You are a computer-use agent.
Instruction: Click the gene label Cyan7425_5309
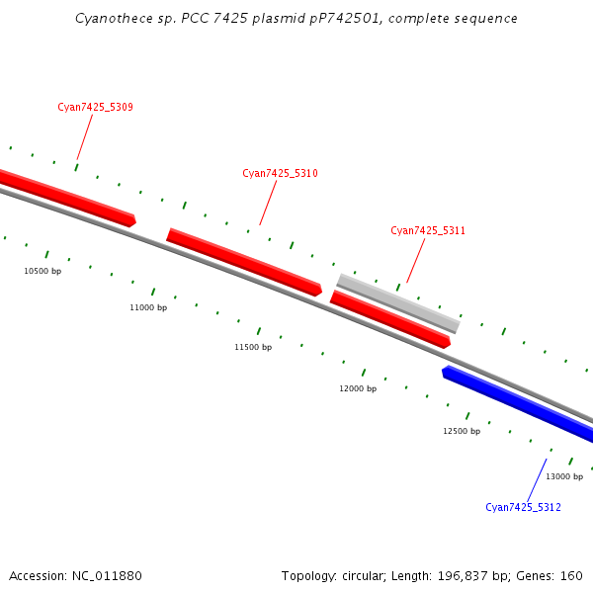click(x=95, y=107)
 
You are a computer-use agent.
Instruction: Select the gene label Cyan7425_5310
click(x=280, y=173)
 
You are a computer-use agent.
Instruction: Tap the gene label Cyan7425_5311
click(x=428, y=230)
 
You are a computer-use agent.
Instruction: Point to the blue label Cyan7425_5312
click(x=523, y=507)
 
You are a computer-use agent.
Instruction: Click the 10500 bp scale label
click(x=42, y=271)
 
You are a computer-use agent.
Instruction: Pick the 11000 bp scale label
click(x=148, y=308)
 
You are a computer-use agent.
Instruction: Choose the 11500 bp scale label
click(x=253, y=347)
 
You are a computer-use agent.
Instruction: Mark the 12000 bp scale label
click(x=358, y=388)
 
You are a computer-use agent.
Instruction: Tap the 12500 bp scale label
click(x=462, y=431)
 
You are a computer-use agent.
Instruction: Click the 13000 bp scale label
click(x=564, y=476)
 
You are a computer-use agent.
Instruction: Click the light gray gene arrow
click(x=398, y=303)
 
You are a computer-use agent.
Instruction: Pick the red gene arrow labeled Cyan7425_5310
click(x=244, y=262)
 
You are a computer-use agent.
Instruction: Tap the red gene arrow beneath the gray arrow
click(x=390, y=319)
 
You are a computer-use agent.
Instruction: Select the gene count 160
click(x=572, y=576)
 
